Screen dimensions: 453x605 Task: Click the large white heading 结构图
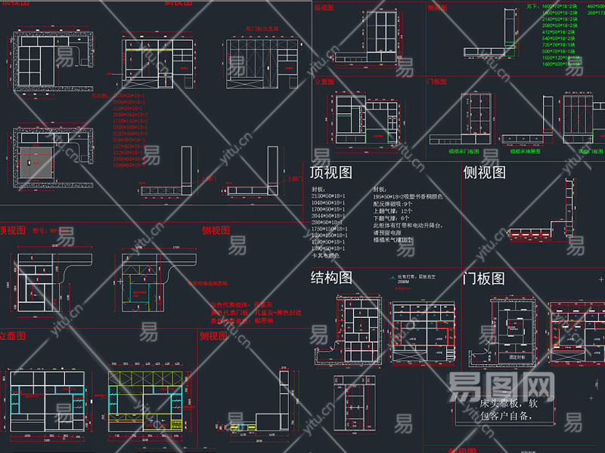click(x=331, y=278)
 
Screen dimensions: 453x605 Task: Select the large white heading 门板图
click(x=483, y=278)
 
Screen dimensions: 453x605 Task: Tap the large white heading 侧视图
click(x=484, y=173)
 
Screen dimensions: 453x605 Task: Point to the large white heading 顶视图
click(x=331, y=173)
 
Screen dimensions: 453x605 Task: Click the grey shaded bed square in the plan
click(x=36, y=162)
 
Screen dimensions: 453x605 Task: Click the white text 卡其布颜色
click(x=327, y=255)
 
